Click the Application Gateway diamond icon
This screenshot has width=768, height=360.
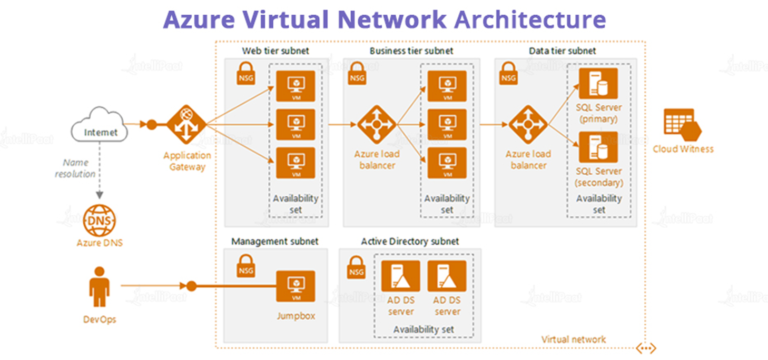tap(185, 125)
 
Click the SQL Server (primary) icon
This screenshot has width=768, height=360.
tap(600, 84)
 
